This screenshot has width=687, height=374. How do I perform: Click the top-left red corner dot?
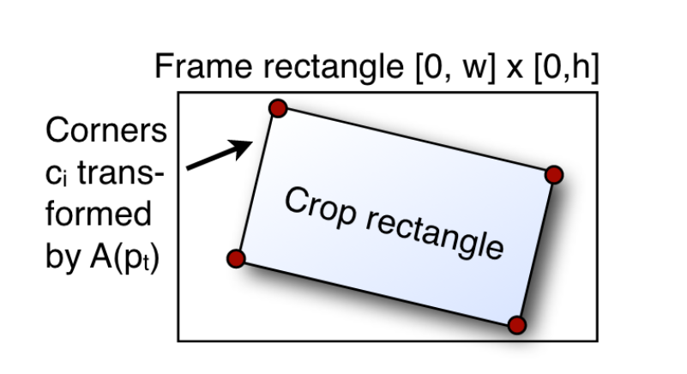pos(277,108)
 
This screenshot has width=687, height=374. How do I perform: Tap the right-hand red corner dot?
pos(553,175)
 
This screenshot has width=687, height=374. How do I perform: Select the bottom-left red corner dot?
pos(237,258)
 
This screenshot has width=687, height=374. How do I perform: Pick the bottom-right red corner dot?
pos(515,324)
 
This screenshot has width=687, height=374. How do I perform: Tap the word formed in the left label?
pos(99,214)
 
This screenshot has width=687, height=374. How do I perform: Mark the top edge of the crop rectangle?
pos(415,142)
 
